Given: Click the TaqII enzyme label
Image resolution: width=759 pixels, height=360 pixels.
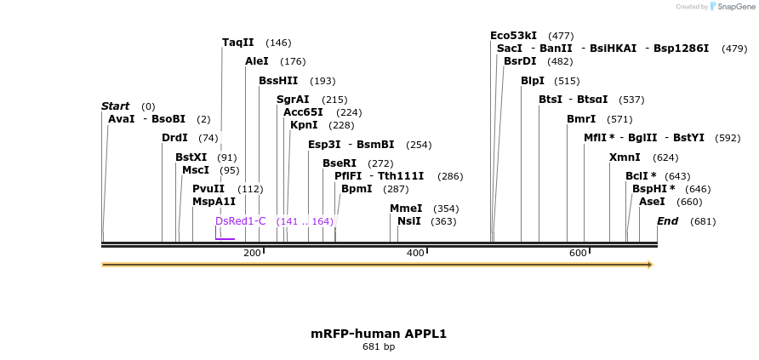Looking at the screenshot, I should pyautogui.click(x=238, y=43).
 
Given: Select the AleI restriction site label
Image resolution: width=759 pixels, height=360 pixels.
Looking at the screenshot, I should pyautogui.click(x=257, y=61).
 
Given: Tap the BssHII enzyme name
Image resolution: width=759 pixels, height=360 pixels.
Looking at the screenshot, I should pyautogui.click(x=278, y=81).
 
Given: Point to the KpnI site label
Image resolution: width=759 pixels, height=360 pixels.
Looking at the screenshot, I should pyautogui.click(x=304, y=125).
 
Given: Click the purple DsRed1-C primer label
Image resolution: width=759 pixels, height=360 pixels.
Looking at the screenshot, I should pyautogui.click(x=240, y=221).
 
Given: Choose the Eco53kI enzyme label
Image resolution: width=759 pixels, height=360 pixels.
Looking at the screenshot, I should pyautogui.click(x=513, y=36).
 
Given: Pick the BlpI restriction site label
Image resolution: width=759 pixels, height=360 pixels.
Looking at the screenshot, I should pyautogui.click(x=533, y=81).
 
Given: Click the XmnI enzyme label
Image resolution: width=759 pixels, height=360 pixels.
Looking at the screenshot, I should pyautogui.click(x=625, y=157).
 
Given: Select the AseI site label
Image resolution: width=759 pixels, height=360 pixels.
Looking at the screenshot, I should pyautogui.click(x=652, y=202).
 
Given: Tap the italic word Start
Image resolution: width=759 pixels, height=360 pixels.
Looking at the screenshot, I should pyautogui.click(x=115, y=106).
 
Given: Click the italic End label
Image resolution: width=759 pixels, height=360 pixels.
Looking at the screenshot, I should pyautogui.click(x=668, y=221).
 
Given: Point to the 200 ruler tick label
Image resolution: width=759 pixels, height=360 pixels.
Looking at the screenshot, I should pyautogui.click(x=252, y=253).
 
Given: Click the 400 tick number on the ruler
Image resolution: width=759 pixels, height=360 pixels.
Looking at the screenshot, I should pyautogui.click(x=415, y=253).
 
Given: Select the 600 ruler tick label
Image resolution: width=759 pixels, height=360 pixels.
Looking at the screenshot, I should pyautogui.click(x=578, y=253).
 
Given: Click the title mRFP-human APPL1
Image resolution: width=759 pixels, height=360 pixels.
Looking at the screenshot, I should pyautogui.click(x=379, y=334).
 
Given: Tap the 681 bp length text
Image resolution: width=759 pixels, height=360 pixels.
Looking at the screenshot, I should pyautogui.click(x=379, y=347).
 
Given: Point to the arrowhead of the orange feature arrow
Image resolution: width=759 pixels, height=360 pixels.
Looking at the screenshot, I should pyautogui.click(x=650, y=265).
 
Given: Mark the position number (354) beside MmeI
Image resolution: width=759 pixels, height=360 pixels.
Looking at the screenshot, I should pyautogui.click(x=446, y=209).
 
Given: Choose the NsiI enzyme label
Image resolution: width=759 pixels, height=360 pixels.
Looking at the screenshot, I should pyautogui.click(x=409, y=221).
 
